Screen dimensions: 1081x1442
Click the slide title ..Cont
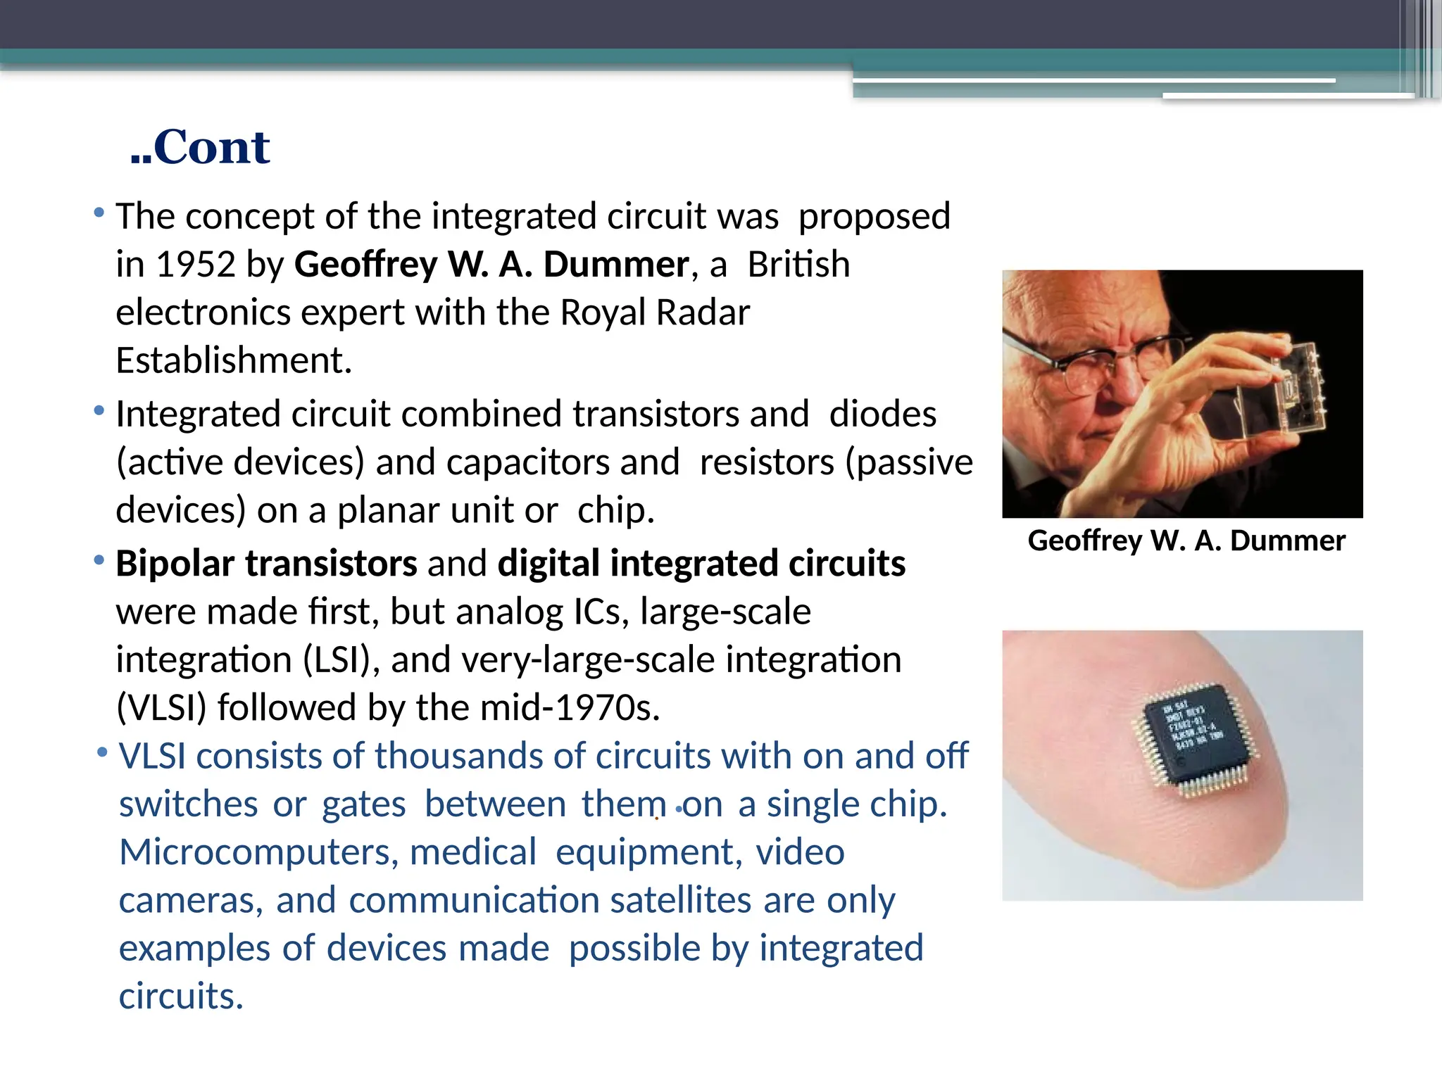200,148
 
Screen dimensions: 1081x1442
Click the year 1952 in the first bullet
196,265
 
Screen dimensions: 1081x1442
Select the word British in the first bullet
798,265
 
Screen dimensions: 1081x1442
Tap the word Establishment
233,361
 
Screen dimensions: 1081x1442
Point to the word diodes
883,415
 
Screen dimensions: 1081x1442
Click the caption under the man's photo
1186,541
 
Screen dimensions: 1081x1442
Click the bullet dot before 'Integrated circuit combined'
99,410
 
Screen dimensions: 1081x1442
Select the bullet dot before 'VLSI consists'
103,752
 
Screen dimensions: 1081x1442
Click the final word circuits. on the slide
181,997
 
